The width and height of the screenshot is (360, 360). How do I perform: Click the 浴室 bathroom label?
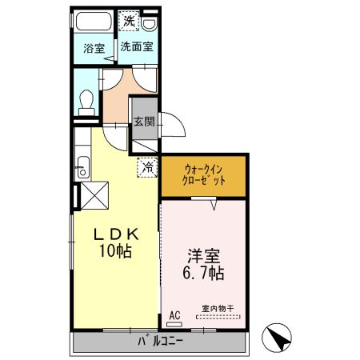pyautogui.click(x=94, y=48)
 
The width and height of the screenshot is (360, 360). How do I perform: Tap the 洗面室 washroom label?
pyautogui.click(x=137, y=46)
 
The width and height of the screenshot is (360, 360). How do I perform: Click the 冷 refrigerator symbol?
pyautogui.click(x=148, y=166)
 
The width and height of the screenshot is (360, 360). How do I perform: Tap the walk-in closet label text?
pyautogui.click(x=204, y=175)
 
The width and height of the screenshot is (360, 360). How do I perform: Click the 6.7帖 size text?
pyautogui.click(x=204, y=273)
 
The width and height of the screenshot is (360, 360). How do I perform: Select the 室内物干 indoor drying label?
pyautogui.click(x=216, y=308)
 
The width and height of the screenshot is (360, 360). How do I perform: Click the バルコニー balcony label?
pyautogui.click(x=158, y=342)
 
